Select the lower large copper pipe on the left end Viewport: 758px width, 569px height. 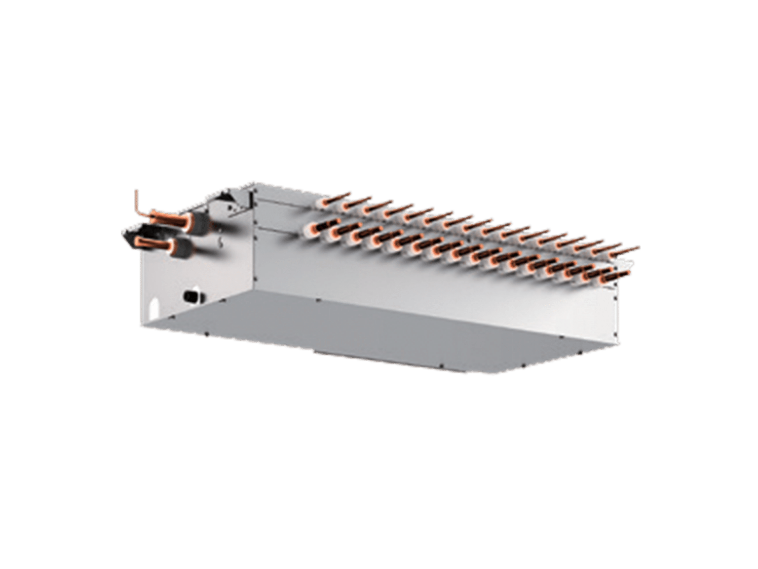(x=148, y=242)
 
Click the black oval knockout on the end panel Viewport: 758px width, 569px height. (x=190, y=296)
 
